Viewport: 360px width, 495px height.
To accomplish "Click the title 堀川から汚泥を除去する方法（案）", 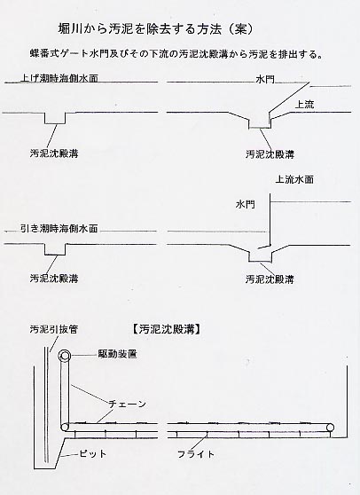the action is point(156,28).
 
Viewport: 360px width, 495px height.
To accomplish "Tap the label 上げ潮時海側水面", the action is point(59,78).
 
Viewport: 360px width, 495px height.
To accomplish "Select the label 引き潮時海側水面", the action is point(59,228).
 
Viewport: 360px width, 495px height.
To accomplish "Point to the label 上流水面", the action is point(294,179).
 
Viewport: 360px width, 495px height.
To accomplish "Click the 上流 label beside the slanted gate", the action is point(304,105).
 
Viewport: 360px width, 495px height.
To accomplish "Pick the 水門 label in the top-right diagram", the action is point(265,79).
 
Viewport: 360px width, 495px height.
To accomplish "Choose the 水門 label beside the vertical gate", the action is point(245,204).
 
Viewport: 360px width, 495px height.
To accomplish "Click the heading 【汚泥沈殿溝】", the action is point(166,329).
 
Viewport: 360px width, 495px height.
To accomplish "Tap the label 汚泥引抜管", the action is point(53,329).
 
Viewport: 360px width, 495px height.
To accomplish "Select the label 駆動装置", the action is point(117,354).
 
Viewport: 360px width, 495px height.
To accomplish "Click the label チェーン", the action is point(127,404).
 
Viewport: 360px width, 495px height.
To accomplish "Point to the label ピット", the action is point(92,454).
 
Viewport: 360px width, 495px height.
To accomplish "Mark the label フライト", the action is point(196,454).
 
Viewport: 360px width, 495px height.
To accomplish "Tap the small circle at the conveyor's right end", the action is point(331,428).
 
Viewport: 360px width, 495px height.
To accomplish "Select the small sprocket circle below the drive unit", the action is point(65,428).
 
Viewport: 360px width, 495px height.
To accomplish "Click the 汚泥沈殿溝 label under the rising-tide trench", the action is point(54,153).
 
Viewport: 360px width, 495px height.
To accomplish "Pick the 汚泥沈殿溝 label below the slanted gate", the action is point(270,154).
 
